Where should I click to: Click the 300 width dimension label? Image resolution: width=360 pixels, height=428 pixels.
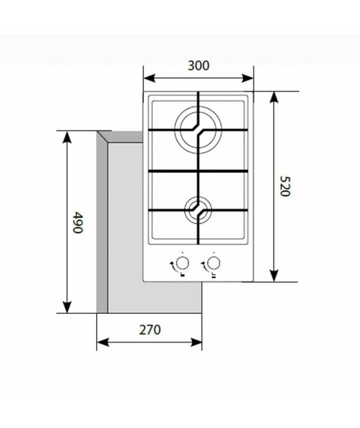coord(199,65)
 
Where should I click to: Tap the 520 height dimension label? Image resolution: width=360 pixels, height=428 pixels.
coord(285,186)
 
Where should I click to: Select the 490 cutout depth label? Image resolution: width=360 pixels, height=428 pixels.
coord(78,222)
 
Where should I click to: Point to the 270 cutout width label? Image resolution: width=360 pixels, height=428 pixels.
coord(150,330)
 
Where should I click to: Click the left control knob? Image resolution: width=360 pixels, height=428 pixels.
coord(182,264)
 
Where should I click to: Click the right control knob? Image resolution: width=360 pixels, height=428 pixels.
coord(214,264)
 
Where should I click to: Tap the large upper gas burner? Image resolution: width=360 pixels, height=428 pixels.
coord(198,130)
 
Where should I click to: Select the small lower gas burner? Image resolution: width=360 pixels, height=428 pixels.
coord(198,210)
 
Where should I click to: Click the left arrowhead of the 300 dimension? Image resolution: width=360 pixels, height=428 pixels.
coord(149,78)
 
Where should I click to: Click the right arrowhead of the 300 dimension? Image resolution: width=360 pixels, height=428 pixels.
coord(247,78)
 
